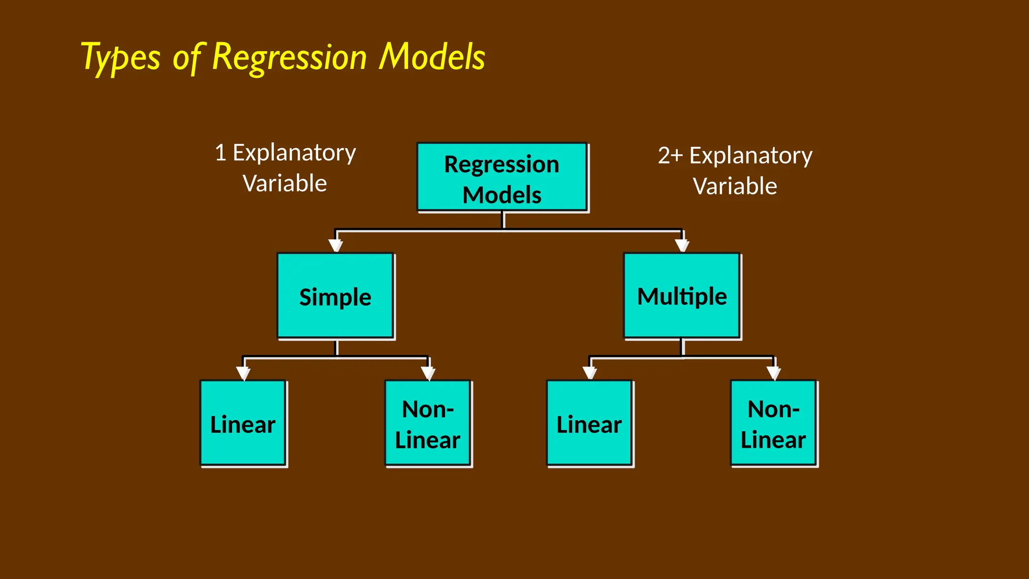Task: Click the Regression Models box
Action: (502, 177)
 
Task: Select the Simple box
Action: (335, 296)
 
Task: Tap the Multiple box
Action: (682, 296)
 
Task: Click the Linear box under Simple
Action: (243, 423)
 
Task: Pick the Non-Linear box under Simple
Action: (428, 423)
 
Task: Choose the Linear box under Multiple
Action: (589, 423)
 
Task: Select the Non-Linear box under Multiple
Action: (773, 423)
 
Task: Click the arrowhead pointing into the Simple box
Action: (336, 245)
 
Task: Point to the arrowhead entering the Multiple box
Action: (682, 245)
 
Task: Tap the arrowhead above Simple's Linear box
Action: (243, 373)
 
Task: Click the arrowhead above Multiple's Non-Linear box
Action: (774, 373)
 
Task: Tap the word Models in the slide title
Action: (432, 57)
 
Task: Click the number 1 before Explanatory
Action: (220, 153)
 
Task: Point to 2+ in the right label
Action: (670, 156)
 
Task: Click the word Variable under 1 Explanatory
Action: (285, 183)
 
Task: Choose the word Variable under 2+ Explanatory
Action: (735, 186)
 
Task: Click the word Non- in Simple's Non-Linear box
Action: (428, 409)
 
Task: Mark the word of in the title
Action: (187, 58)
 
